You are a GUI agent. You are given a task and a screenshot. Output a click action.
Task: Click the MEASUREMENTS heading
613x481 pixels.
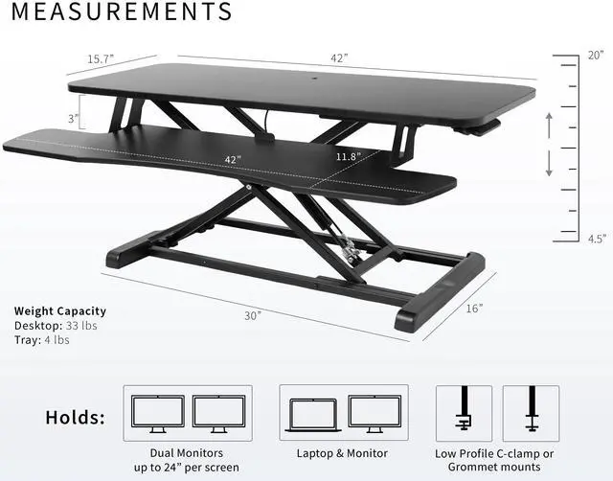[x=122, y=12]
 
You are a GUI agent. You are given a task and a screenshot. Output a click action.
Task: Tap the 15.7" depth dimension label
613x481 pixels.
[x=101, y=59]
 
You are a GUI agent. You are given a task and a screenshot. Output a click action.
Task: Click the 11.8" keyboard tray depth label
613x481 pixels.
[x=349, y=156]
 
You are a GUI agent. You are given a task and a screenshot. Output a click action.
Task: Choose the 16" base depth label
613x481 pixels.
[x=476, y=309]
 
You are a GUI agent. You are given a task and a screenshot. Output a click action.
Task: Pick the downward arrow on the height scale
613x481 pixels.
[x=548, y=164]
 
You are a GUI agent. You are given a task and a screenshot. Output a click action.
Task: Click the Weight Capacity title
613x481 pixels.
[x=60, y=311]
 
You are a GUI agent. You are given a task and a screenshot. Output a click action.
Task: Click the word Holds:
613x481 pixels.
[x=77, y=417]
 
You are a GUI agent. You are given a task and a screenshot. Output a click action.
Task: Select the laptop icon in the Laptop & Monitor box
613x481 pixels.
[x=313, y=413]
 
